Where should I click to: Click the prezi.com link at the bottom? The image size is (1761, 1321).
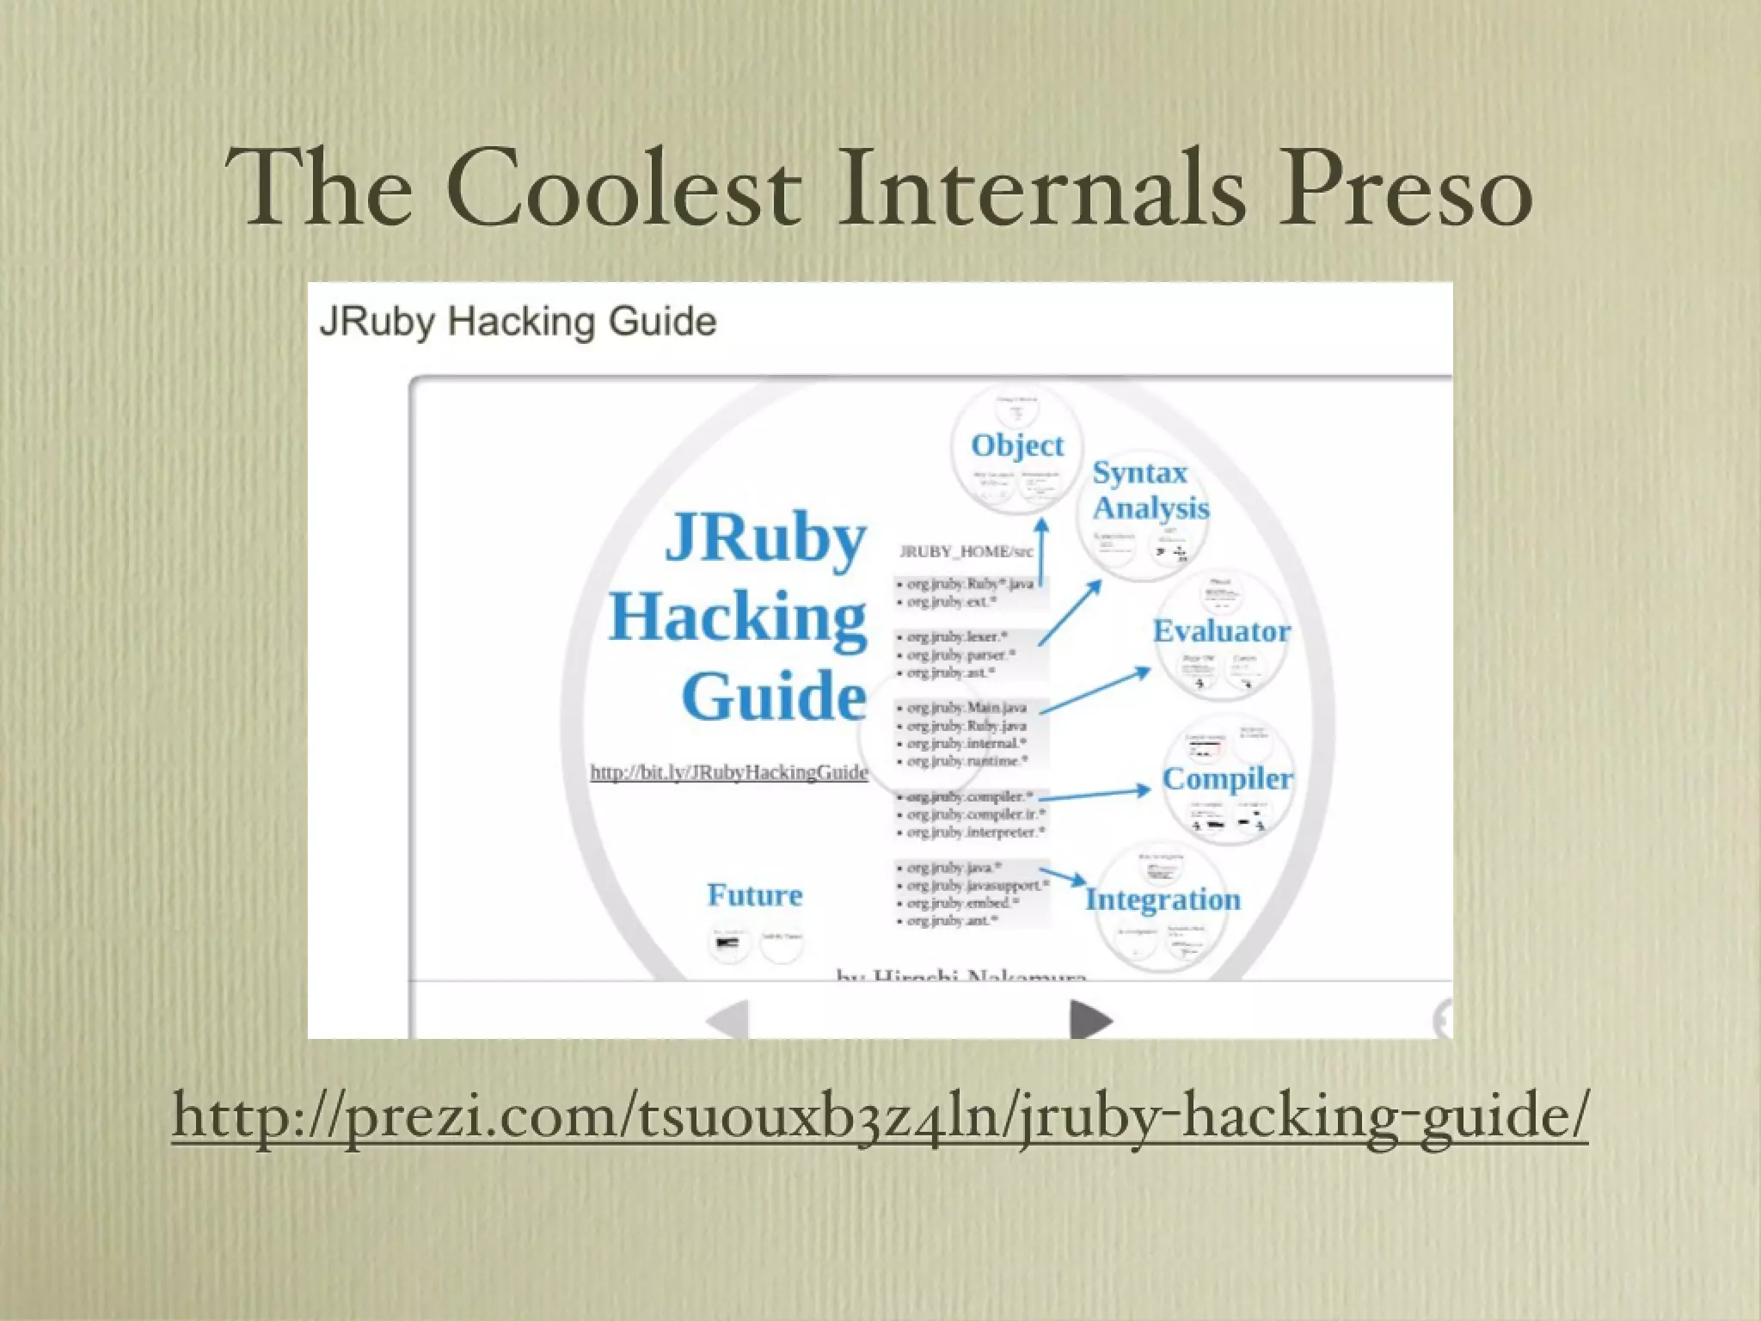pos(880,1115)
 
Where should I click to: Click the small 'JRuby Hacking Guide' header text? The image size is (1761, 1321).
pos(518,322)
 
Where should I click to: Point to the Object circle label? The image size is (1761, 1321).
pos(1017,445)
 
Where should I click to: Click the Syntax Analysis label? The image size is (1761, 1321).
pos(1150,490)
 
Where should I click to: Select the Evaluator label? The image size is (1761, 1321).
pos(1221,631)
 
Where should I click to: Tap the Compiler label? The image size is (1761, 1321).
pos(1227,778)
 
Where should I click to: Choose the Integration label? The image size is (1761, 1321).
pos(1163,900)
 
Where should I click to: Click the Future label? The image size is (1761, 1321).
pos(754,895)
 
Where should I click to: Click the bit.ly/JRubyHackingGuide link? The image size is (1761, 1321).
pos(728,772)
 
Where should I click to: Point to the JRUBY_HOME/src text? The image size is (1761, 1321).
pos(966,551)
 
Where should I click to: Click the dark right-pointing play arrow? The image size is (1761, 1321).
pos(1090,1020)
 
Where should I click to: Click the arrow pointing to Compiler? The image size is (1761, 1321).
pos(1094,794)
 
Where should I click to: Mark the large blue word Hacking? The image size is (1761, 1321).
pos(738,617)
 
